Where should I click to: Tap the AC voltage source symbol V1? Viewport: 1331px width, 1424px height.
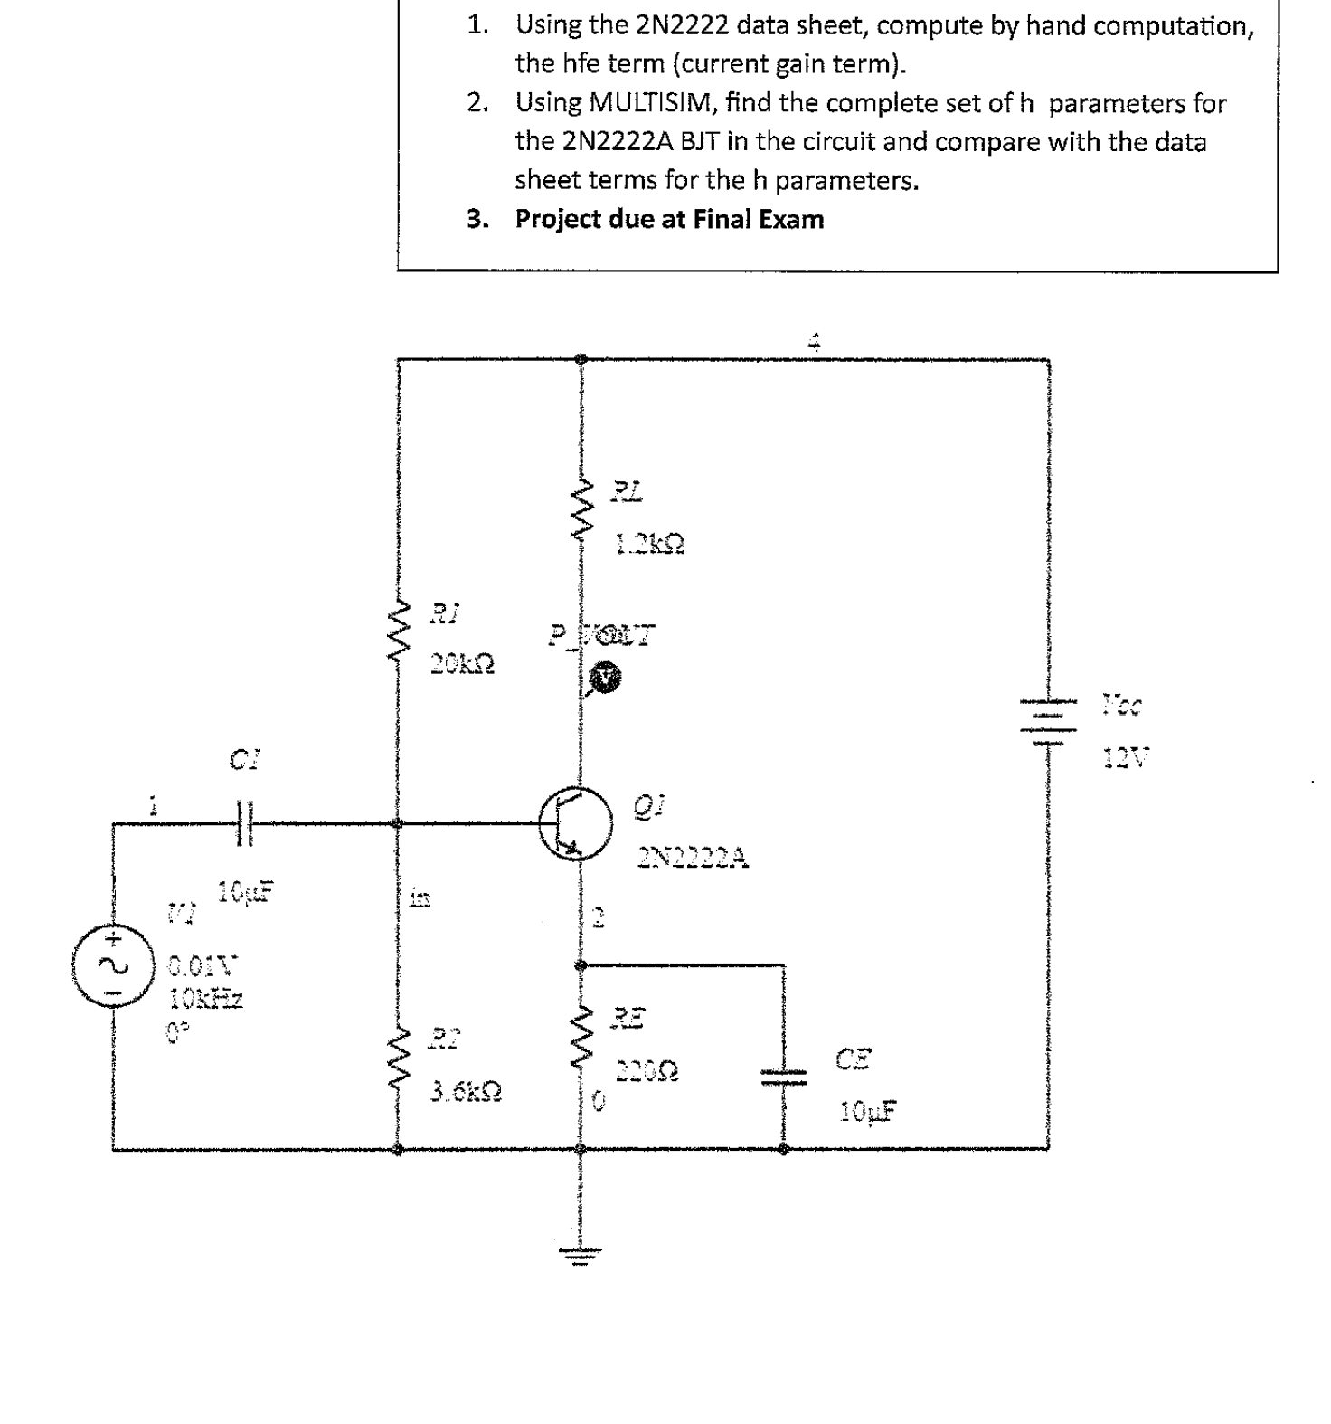coord(113,965)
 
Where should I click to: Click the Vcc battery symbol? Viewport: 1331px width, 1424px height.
coord(1049,722)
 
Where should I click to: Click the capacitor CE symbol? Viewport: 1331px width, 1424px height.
coord(783,1075)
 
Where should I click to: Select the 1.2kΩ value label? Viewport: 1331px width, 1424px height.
coord(649,545)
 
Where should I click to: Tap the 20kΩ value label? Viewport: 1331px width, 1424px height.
coord(462,665)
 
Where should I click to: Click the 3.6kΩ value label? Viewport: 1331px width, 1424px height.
coord(466,1093)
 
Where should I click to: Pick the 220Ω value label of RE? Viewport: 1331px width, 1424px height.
coord(647,1073)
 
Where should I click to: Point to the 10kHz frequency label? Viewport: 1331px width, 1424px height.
coord(206,1000)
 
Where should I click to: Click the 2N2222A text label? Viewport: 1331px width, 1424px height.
coord(693,858)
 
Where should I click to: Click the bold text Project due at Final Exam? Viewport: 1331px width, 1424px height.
coord(669,220)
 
